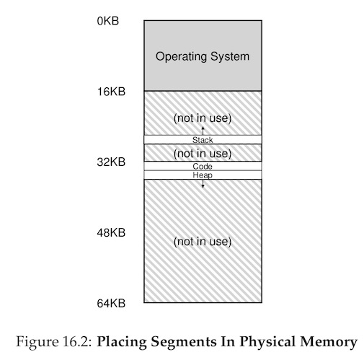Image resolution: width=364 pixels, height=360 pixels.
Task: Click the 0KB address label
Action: pos(108,21)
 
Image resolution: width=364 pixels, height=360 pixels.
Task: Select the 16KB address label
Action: pos(111,92)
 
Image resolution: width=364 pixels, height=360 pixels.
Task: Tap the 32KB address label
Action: pos(111,162)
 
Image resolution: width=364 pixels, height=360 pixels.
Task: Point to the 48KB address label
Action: pos(111,232)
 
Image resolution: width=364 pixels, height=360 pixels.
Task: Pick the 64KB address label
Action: pos(111,303)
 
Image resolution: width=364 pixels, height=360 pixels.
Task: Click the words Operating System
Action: pos(203,57)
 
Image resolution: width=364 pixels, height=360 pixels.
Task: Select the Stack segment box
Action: pos(203,140)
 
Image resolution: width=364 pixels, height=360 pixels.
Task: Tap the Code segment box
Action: pos(203,166)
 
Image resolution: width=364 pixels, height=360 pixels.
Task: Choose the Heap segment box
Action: pos(203,175)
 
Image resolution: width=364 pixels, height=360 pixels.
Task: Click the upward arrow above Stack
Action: pos(203,131)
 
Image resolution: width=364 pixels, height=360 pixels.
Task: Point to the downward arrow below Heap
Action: pos(203,183)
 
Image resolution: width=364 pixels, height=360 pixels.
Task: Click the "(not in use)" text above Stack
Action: pos(203,118)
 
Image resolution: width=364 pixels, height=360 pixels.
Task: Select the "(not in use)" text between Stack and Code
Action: pos(203,154)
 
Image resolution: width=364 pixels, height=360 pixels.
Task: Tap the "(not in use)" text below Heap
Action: pos(203,242)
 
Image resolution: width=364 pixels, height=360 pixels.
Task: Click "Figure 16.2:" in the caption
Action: pos(54,341)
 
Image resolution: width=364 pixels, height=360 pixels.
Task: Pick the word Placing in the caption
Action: pos(122,342)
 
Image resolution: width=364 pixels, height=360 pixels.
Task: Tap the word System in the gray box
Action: pos(230,57)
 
